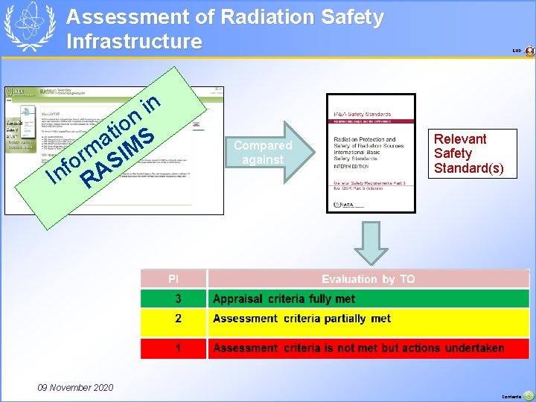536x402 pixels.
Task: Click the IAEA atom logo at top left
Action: coord(30,27)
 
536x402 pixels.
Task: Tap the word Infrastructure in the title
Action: coord(134,41)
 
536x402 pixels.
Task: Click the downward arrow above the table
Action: coord(370,242)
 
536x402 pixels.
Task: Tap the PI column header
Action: coord(173,279)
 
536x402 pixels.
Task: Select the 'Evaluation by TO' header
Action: coord(368,279)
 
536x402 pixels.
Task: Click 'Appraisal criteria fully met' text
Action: coord(284,299)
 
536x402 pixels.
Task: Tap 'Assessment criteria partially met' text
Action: coord(301,319)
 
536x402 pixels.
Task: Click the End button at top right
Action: coord(529,51)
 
